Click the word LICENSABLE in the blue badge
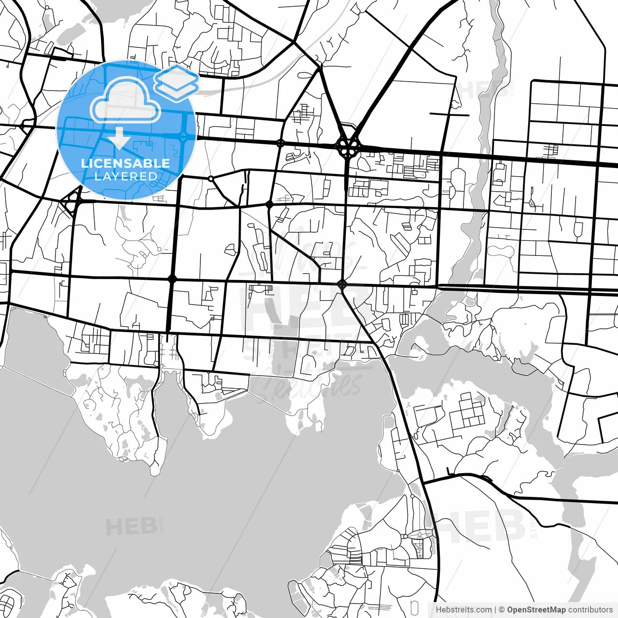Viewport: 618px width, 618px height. pyautogui.click(x=126, y=163)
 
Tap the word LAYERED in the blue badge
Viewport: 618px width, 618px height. pyautogui.click(x=126, y=176)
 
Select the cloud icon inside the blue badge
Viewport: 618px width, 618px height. pyautogui.click(x=126, y=99)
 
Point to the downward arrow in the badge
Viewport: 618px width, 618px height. pyautogui.click(x=119, y=139)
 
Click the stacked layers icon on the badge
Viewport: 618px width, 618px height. pyautogui.click(x=177, y=82)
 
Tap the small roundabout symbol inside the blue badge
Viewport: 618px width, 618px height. pyautogui.click(x=183, y=136)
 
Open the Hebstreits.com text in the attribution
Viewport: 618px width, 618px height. pyautogui.click(x=463, y=610)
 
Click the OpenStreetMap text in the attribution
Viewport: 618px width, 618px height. pyautogui.click(x=536, y=610)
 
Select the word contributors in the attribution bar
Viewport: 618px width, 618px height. pyautogui.click(x=590, y=610)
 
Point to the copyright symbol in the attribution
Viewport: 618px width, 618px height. pyautogui.click(x=502, y=610)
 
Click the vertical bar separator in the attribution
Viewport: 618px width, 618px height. pyautogui.click(x=495, y=610)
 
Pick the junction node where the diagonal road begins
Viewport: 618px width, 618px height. pyautogui.click(x=342, y=284)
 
